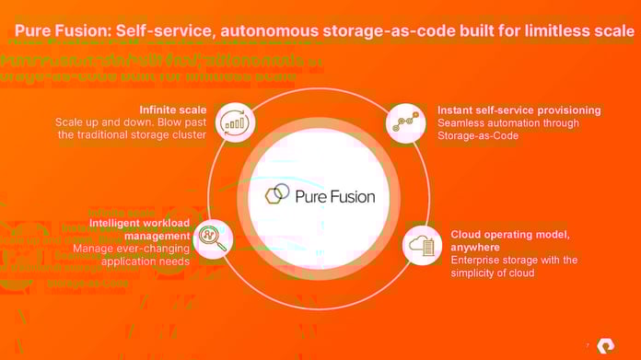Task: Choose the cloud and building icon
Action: pyautogui.click(x=424, y=244)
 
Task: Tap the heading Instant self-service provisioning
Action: pyautogui.click(x=519, y=110)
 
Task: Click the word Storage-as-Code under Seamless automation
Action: pyautogui.click(x=479, y=136)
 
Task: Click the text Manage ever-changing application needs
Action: pyautogui.click(x=131, y=255)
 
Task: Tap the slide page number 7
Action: pyautogui.click(x=588, y=345)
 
